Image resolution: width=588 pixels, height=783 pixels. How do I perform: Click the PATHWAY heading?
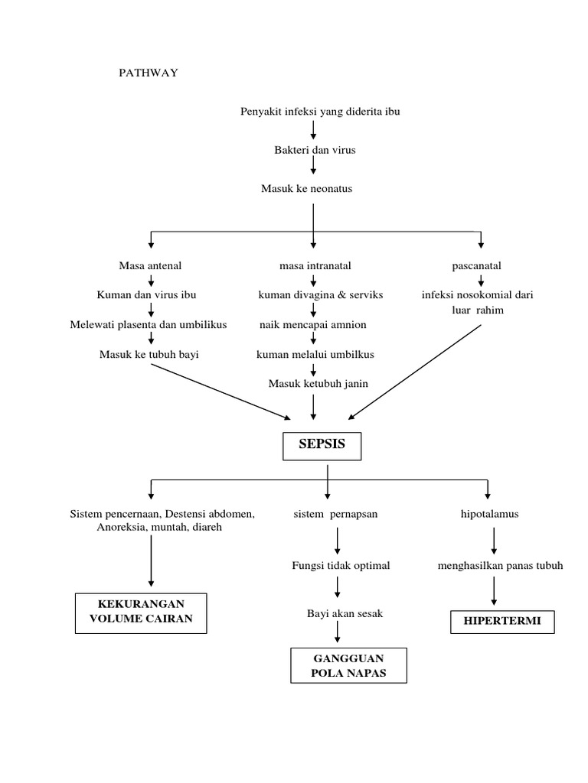point(148,73)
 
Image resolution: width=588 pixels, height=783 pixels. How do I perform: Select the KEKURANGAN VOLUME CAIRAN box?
point(140,612)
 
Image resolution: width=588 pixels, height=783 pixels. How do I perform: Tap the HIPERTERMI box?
point(501,621)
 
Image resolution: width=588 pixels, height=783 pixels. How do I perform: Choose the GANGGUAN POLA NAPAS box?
point(348,665)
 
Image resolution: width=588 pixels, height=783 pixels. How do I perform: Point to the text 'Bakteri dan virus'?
point(315,150)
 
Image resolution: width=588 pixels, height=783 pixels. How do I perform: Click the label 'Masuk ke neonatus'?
point(306,188)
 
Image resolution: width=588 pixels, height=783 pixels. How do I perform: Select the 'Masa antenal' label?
point(151,265)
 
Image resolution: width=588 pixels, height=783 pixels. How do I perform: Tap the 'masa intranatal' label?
point(315,265)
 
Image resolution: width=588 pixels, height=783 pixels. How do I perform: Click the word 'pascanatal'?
point(477,265)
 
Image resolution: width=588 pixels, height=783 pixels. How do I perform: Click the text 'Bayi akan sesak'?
point(336,613)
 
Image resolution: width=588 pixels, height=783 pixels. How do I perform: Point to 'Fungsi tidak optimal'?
point(341,565)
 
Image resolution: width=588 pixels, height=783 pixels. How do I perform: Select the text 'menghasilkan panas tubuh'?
point(500,565)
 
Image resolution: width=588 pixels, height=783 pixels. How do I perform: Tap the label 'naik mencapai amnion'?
point(312,324)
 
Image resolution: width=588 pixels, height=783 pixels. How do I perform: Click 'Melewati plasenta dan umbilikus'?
point(149,324)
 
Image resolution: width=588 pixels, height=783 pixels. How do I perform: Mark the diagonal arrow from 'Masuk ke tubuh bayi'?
point(221,391)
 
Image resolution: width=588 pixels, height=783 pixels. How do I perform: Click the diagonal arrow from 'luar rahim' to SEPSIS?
point(416,372)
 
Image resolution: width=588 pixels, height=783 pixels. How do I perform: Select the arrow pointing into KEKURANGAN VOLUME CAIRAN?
point(151,561)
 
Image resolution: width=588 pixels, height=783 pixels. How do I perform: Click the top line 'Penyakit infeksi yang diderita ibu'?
point(320,112)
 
